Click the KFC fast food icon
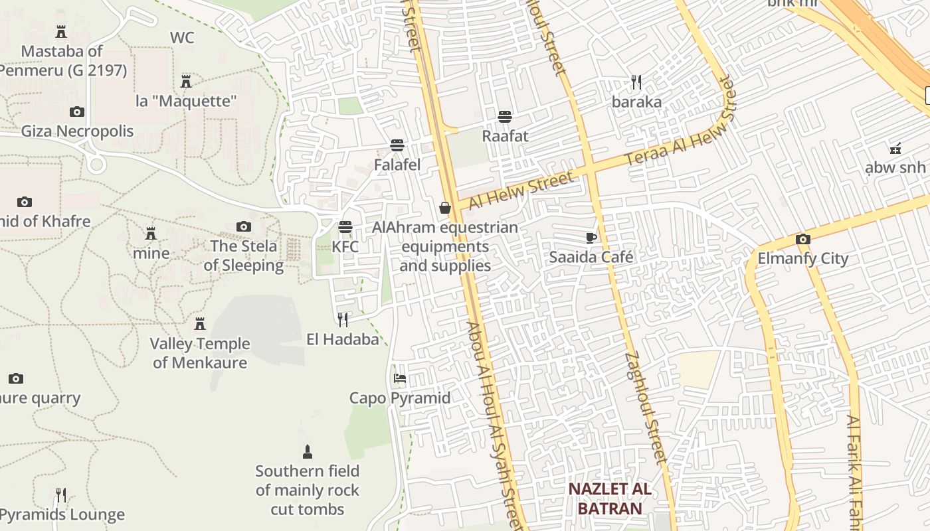click(345, 227)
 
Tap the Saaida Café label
click(591, 257)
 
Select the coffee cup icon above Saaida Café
click(591, 238)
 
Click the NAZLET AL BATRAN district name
click(608, 499)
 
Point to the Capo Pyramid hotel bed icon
click(399, 378)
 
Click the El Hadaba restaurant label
click(342, 339)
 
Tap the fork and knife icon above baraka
click(636, 82)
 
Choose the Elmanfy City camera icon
click(802, 239)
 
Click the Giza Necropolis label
click(77, 131)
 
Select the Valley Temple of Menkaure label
click(199, 353)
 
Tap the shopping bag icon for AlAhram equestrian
click(445, 208)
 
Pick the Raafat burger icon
click(505, 117)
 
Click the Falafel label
click(397, 164)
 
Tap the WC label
click(182, 37)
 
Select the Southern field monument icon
click(307, 452)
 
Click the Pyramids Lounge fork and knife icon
click(60, 495)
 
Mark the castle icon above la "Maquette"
click(186, 82)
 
